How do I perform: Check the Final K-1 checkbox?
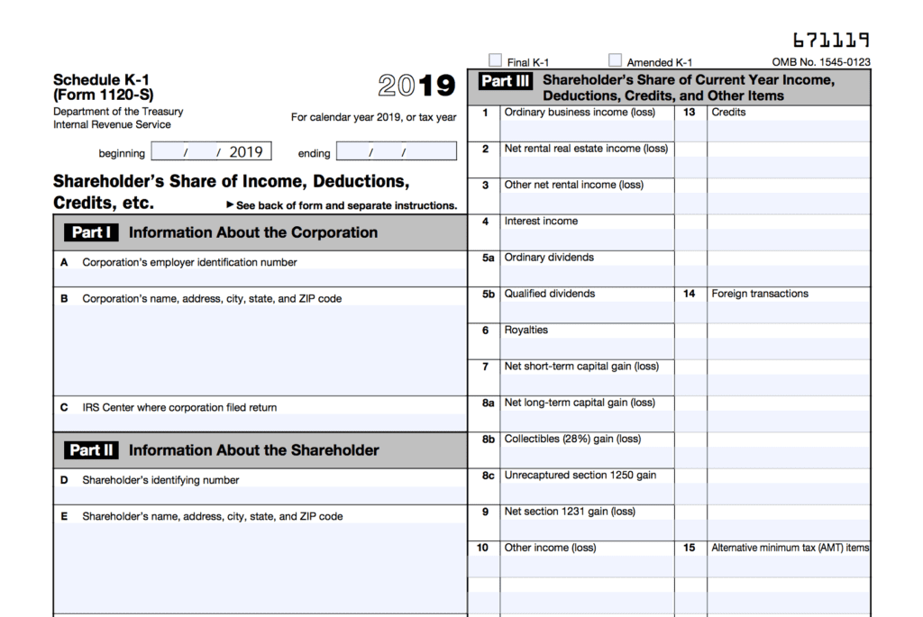[495, 60]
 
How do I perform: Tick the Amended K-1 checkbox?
[615, 60]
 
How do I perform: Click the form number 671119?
[831, 41]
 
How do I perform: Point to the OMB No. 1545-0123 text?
[821, 63]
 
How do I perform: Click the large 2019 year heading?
[416, 86]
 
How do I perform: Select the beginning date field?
[211, 152]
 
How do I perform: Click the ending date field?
[397, 152]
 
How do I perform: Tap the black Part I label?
[91, 232]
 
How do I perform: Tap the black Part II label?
[91, 450]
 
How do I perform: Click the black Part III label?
[506, 81]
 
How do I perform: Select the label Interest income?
[541, 222]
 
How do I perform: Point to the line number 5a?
[487, 258]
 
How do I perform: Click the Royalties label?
[525, 331]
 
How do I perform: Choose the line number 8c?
[487, 476]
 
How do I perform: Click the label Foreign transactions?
[760, 294]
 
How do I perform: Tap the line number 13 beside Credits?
[690, 113]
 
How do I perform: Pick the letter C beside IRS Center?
[64, 408]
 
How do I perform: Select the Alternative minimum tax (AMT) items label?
[790, 548]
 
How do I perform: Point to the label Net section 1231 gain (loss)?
[570, 512]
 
